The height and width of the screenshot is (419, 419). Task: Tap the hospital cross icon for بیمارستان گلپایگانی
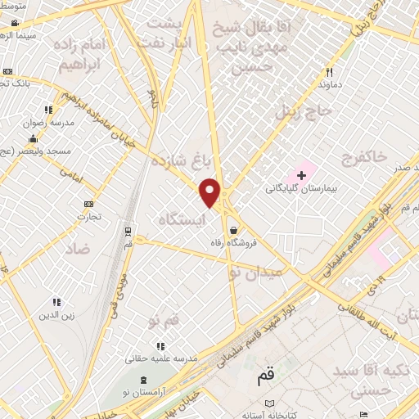(302, 174)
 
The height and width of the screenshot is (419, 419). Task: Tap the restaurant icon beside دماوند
(329, 71)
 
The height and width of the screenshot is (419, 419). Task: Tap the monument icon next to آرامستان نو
(146, 380)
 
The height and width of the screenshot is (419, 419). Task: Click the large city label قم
(265, 376)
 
